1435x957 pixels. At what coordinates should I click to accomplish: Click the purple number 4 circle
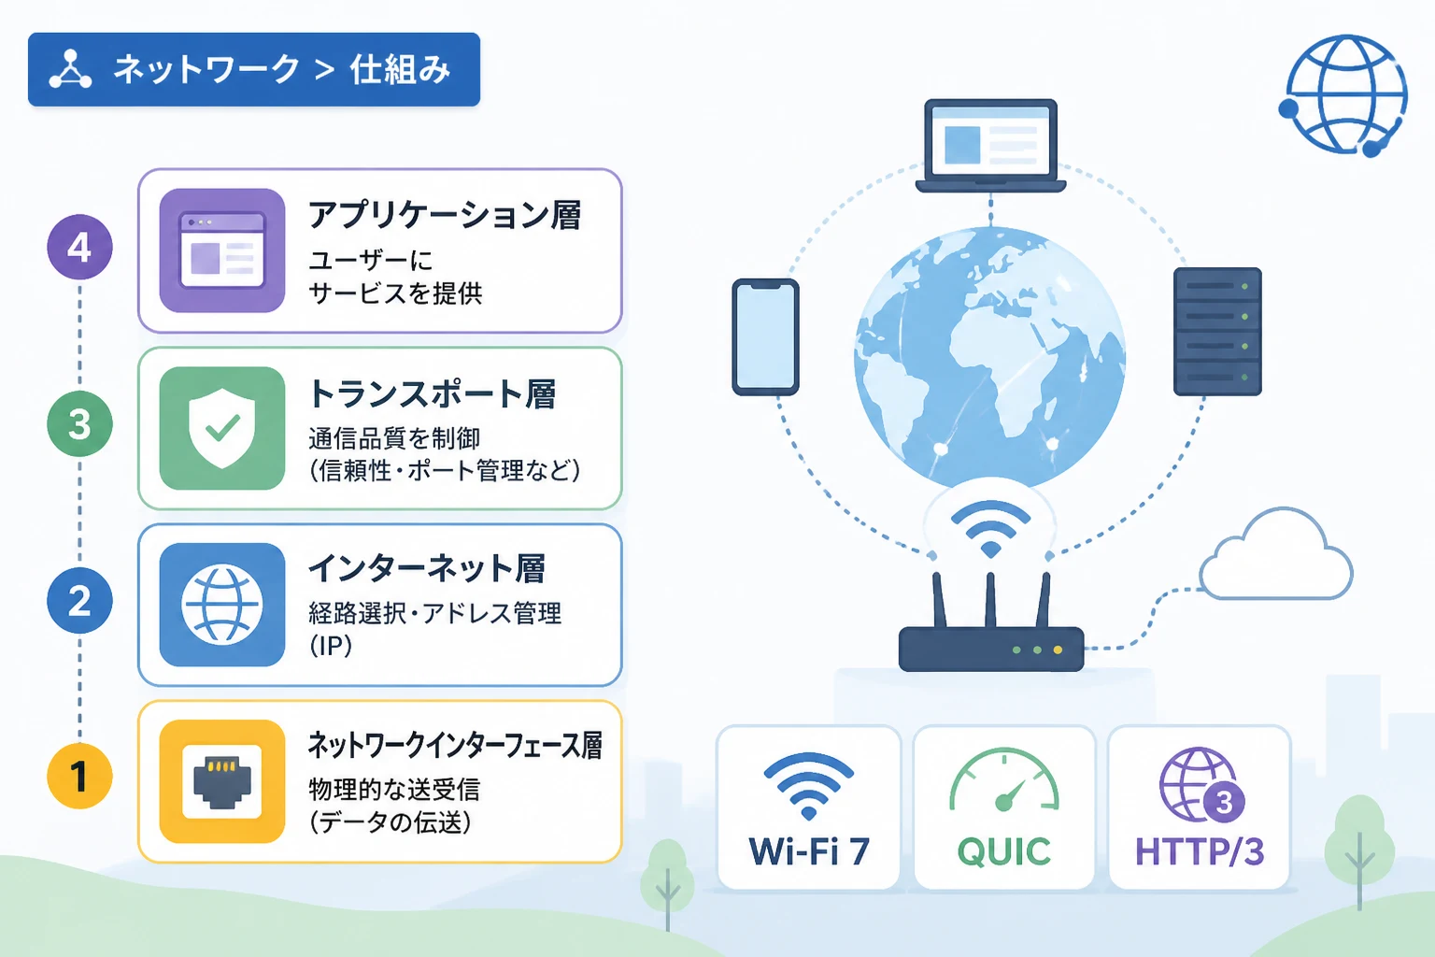pos(79,247)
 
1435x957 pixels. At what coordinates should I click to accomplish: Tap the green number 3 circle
pos(79,423)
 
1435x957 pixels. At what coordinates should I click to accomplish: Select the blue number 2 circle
pos(79,601)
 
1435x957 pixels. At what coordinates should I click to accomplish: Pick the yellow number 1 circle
pos(79,777)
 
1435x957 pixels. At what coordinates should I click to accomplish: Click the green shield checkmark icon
pos(222,428)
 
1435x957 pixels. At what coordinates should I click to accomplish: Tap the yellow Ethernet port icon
pos(222,781)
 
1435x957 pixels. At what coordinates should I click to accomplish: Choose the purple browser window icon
pos(222,250)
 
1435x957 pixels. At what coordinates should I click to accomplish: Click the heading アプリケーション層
pos(445,215)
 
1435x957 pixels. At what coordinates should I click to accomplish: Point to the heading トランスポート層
pos(433,393)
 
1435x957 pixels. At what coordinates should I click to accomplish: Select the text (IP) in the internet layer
pos(331,646)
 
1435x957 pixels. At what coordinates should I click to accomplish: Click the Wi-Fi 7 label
pos(809,851)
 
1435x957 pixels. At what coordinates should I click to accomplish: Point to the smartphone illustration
pos(765,336)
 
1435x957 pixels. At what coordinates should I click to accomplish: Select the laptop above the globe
pos(990,146)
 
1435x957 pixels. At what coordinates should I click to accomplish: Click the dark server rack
pos(1217,332)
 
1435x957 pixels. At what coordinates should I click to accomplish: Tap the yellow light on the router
pos(1058,650)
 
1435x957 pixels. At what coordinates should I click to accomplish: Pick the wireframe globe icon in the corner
pos(1345,95)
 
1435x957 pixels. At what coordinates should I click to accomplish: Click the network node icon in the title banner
pos(70,68)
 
